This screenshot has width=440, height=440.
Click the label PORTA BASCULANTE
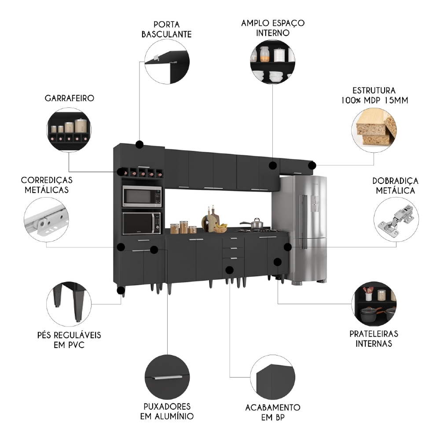pyautogui.click(x=166, y=29)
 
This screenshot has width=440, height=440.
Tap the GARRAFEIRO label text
pyautogui.click(x=69, y=98)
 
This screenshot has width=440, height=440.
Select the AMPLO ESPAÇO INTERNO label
pyautogui.click(x=272, y=27)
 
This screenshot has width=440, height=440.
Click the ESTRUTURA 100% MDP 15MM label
pyautogui.click(x=374, y=95)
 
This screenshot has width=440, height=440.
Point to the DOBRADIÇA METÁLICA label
pyautogui.click(x=395, y=186)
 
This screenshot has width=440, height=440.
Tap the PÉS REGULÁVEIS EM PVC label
pyautogui.click(x=69, y=340)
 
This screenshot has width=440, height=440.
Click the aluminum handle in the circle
pyautogui.click(x=167, y=377)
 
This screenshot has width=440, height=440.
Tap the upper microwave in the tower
pyautogui.click(x=142, y=196)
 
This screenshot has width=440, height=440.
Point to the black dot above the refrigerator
pyautogui.click(x=312, y=165)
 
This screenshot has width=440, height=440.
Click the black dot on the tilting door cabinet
pyautogui.click(x=140, y=144)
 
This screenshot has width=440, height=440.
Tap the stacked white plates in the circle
pyautogui.click(x=275, y=76)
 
